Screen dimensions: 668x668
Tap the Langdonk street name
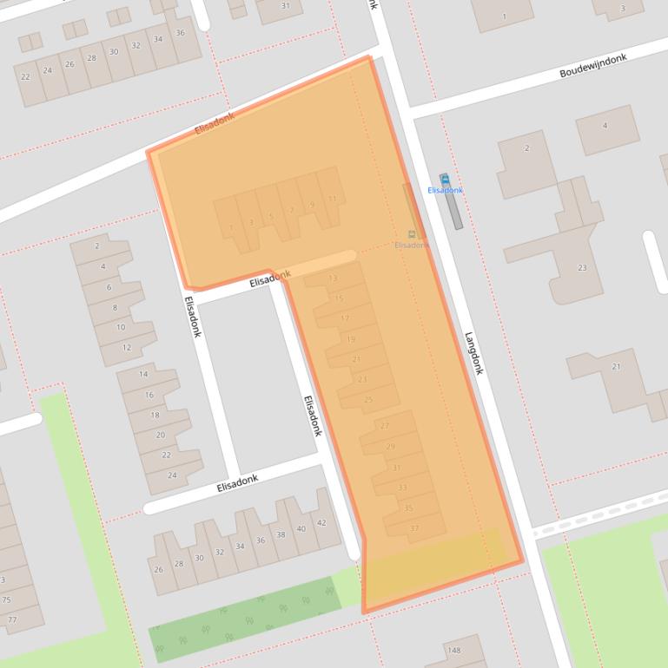tap(473, 353)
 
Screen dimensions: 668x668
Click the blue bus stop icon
tap(445, 179)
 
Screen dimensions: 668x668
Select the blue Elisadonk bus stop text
tap(445, 190)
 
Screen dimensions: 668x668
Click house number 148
tap(453, 650)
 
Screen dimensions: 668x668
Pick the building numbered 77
tap(11, 619)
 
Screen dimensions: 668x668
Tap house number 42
tap(321, 522)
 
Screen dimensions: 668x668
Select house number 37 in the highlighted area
tap(414, 528)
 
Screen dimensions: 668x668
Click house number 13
tap(333, 278)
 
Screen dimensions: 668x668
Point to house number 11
tap(332, 199)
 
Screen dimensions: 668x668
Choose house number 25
tap(368, 399)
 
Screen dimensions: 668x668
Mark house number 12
tap(126, 347)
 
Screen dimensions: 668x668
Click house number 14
tap(144, 374)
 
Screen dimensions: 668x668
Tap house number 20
tap(160, 435)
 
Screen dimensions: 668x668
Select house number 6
tap(109, 287)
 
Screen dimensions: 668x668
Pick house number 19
tap(350, 339)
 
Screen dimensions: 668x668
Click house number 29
tap(390, 447)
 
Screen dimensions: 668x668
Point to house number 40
tap(301, 528)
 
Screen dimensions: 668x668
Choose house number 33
tap(402, 488)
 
